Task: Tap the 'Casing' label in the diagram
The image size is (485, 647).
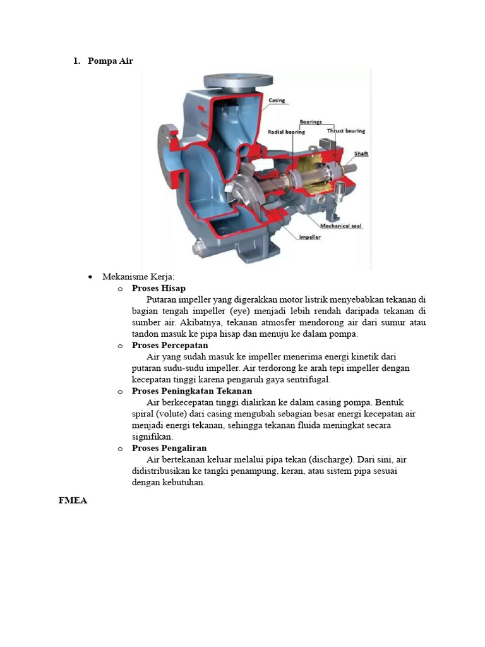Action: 277,100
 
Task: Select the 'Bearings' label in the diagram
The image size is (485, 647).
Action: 311,121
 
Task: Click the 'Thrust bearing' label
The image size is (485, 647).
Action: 345,131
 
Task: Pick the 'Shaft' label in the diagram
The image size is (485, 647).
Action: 361,154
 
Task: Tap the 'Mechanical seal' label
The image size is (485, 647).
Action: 340,226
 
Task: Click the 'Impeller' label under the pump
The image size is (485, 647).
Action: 309,238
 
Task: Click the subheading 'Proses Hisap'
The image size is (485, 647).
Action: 159,288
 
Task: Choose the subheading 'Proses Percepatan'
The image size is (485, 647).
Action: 170,346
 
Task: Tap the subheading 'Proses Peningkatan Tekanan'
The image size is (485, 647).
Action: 192,391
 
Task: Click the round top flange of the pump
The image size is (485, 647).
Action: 238,80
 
